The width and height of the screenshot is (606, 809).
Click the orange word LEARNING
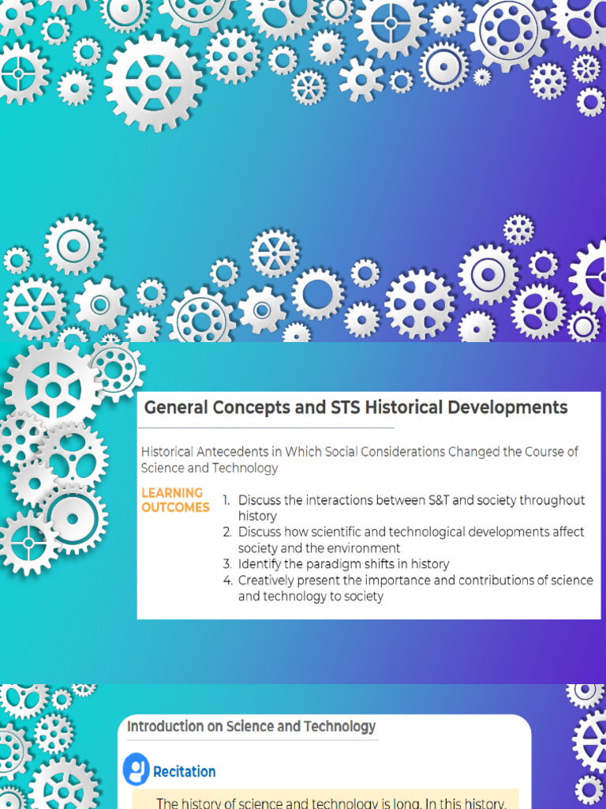[172, 493]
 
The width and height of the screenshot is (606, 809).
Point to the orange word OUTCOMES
[175, 507]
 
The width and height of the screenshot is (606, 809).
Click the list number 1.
[226, 500]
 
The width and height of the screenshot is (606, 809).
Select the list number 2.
[226, 532]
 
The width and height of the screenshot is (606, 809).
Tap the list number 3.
[226, 564]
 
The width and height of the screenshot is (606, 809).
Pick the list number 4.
[226, 581]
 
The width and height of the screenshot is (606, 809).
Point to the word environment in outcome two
[365, 548]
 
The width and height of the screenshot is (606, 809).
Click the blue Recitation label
[184, 772]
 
